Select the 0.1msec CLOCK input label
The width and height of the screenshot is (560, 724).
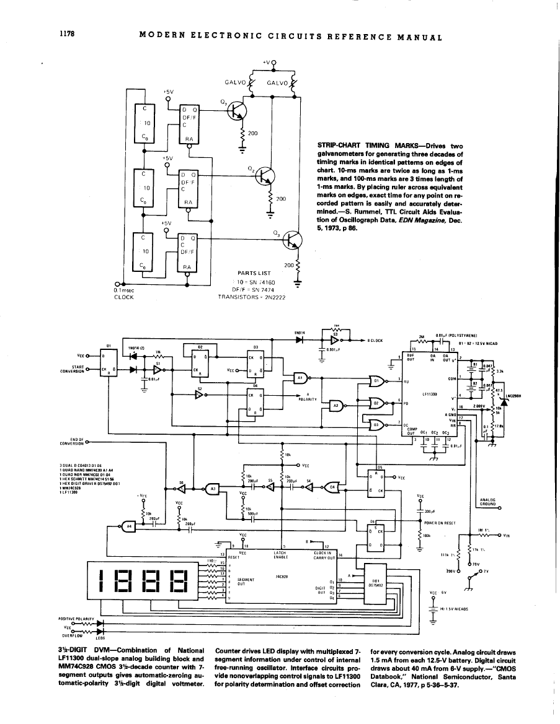[128, 293]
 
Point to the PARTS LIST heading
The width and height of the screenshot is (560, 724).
[254, 273]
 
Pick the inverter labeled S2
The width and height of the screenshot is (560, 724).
[201, 395]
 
